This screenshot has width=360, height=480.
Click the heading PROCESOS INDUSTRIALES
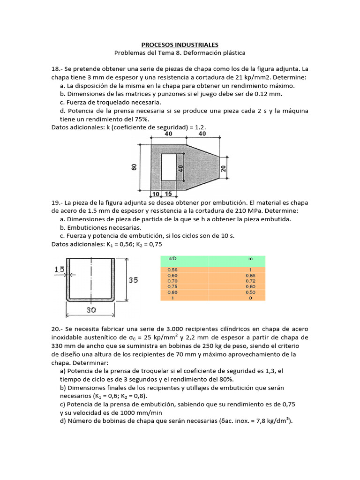[x=180, y=45]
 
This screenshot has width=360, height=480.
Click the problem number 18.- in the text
[x=58, y=68]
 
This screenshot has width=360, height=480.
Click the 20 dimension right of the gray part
[x=224, y=168]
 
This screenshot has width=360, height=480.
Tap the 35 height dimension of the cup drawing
[x=134, y=280]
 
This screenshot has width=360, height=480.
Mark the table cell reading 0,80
[x=172, y=292]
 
